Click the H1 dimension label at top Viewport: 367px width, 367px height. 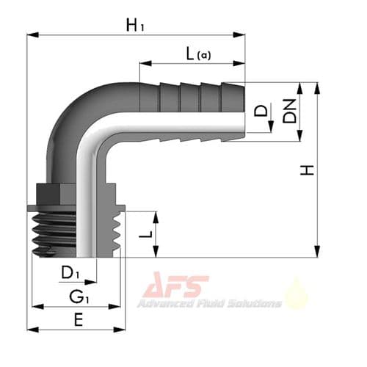point(135,25)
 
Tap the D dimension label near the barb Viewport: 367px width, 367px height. point(261,112)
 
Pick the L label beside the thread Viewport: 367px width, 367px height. point(145,234)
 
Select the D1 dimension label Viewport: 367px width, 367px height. point(70,273)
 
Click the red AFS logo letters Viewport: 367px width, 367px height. point(177,287)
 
